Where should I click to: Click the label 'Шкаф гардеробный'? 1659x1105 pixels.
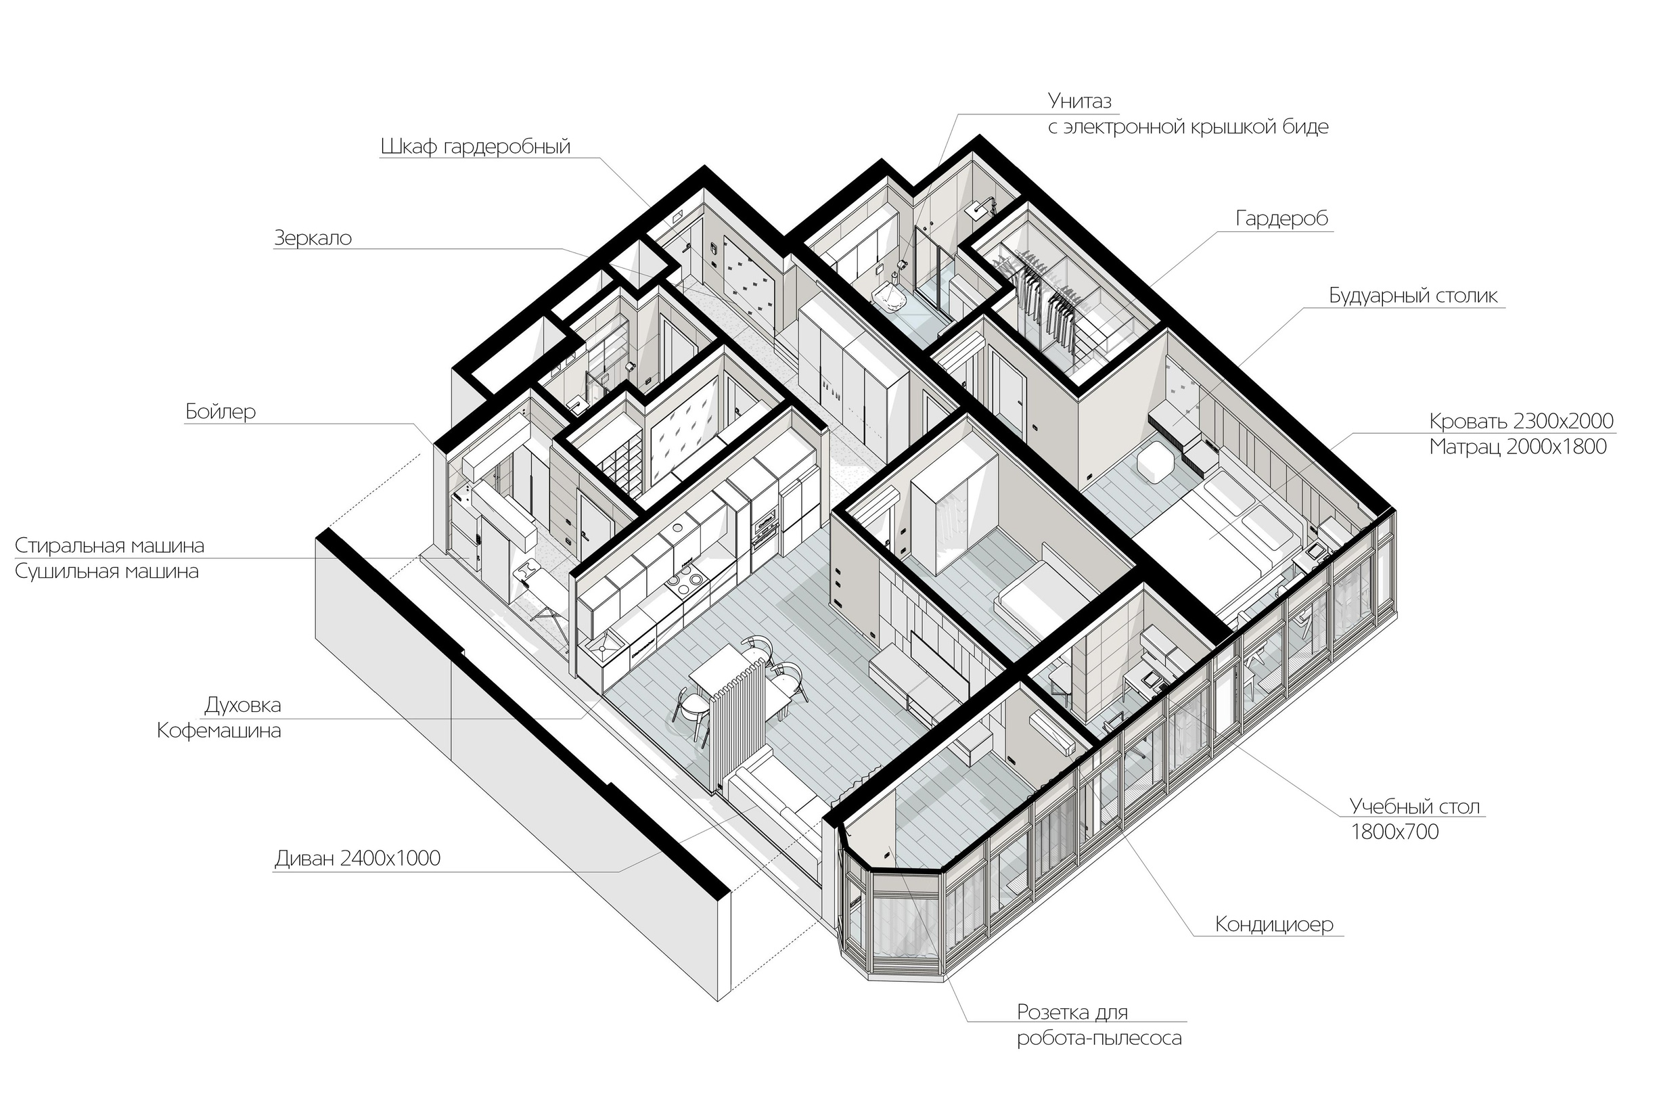coord(475,147)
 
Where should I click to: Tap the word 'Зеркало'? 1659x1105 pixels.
coord(312,238)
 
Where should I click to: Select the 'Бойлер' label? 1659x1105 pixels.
coord(221,411)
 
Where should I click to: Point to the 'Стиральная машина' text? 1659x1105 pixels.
coord(109,545)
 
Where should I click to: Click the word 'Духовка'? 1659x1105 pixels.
coord(242,704)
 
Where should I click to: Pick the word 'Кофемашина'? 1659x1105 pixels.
coord(219,731)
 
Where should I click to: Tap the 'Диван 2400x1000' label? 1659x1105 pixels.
coord(357,858)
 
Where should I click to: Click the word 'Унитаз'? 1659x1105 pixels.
coord(1079,101)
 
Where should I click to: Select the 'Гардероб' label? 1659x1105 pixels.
coord(1281,219)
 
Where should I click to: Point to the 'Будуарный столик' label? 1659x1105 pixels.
coord(1413,295)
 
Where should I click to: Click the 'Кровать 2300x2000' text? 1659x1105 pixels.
coord(1521,422)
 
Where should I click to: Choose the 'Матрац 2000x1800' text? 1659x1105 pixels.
coord(1518,447)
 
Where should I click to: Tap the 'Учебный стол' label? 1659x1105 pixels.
coord(1415,806)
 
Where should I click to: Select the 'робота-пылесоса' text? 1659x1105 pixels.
coord(1099,1038)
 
